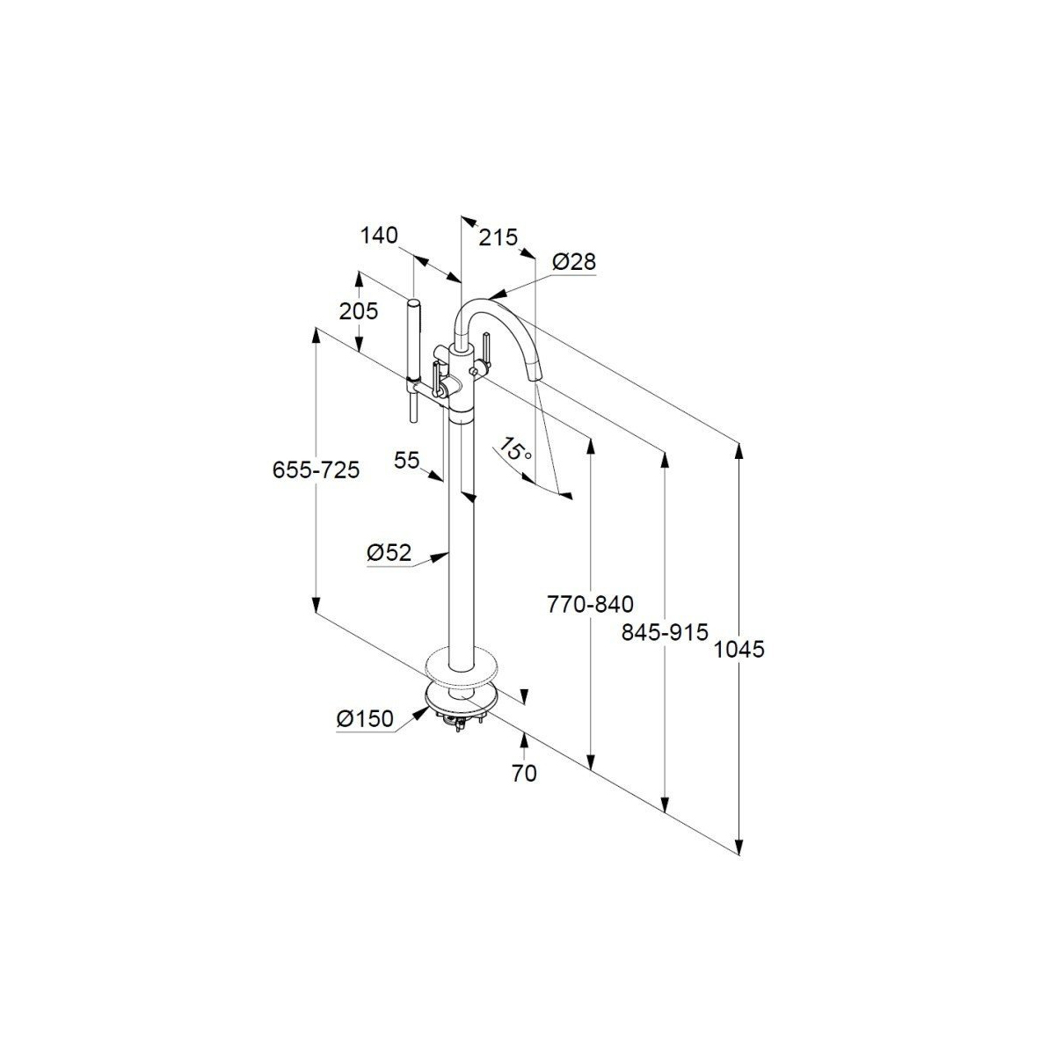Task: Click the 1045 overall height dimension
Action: (739, 650)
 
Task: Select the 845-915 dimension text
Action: (664, 631)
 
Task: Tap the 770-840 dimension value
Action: (590, 605)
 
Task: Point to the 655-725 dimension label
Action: (316, 470)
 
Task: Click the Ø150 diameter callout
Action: (365, 718)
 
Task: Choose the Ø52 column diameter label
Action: (389, 553)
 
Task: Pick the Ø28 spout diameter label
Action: (574, 261)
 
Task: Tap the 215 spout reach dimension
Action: (498, 237)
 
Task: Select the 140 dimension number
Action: (379, 235)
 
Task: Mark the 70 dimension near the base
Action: (524, 773)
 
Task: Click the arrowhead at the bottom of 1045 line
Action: (740, 846)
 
